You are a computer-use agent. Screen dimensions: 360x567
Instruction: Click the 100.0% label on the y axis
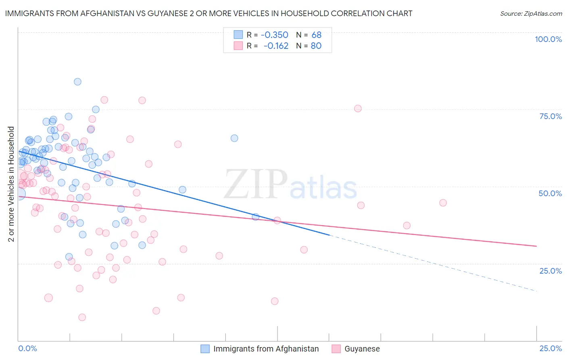[548, 39]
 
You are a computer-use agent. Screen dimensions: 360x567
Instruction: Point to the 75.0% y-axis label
[550, 116]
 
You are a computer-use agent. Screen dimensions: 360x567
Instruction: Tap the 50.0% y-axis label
[550, 193]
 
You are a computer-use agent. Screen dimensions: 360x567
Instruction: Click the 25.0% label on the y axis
[550, 270]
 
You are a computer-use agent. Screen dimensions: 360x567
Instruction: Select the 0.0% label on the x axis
[27, 348]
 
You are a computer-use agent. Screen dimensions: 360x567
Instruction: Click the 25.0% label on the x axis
[550, 348]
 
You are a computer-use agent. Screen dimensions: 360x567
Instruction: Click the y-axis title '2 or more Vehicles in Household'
[11, 184]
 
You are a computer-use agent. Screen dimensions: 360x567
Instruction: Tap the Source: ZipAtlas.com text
[531, 13]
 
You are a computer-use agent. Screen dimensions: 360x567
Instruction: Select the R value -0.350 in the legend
[274, 35]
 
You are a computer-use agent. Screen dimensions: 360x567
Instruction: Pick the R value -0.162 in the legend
[276, 46]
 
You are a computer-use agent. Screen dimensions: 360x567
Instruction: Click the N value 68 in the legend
[317, 35]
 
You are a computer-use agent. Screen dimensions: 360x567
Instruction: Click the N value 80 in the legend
[316, 46]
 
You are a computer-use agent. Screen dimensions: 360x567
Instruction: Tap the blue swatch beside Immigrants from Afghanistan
[205, 349]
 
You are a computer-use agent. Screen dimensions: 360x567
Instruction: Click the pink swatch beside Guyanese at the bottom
[336, 349]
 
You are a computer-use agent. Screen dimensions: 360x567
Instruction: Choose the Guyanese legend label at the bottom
[362, 349]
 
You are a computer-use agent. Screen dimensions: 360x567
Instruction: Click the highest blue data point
[77, 82]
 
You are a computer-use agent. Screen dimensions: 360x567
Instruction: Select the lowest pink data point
[82, 317]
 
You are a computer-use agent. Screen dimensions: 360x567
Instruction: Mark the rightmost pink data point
[443, 203]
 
